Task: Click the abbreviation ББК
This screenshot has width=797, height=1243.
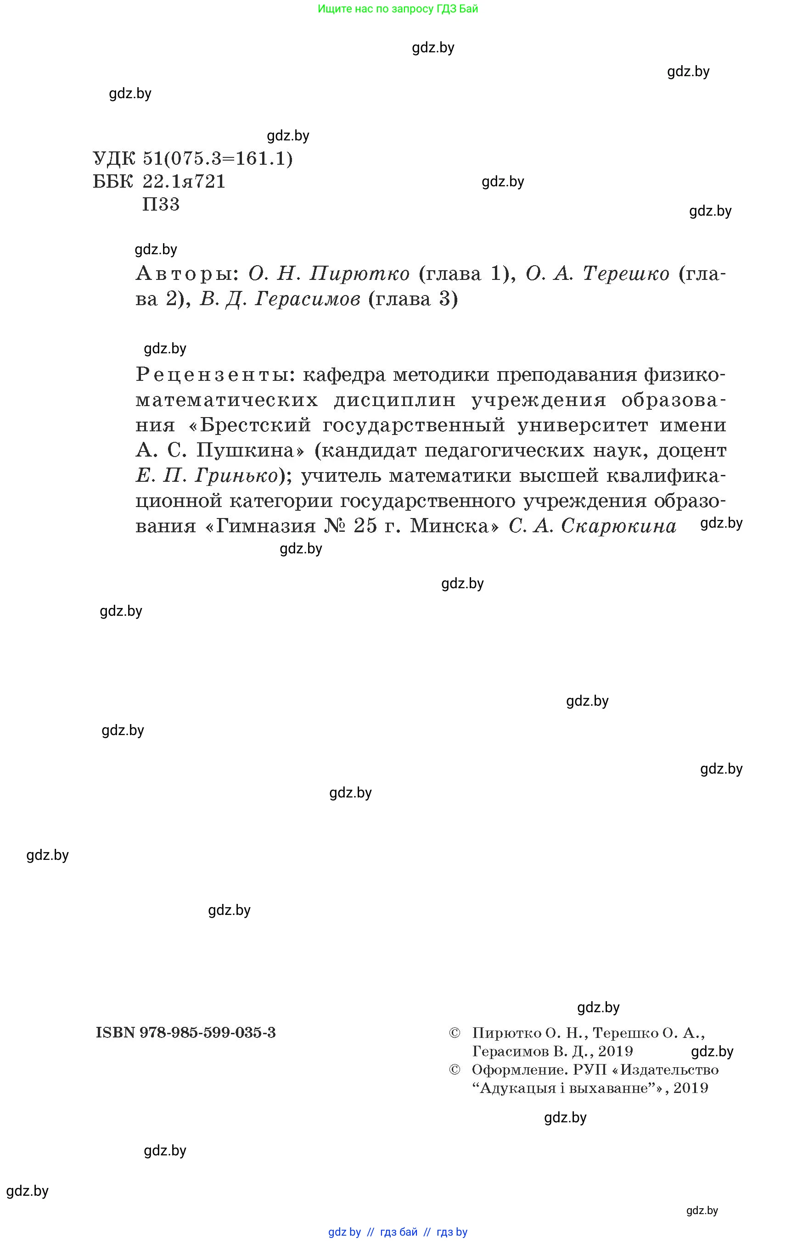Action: click(x=113, y=182)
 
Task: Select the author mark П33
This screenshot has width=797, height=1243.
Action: click(x=161, y=204)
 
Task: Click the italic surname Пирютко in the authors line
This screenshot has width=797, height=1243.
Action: click(x=359, y=273)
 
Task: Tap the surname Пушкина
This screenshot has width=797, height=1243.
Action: click(x=250, y=450)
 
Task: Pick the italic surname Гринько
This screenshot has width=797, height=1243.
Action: click(x=236, y=475)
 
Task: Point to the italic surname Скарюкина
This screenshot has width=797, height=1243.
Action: click(x=618, y=526)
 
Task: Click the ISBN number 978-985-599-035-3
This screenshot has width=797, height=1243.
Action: click(x=208, y=1032)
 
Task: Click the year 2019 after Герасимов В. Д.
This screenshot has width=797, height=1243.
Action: click(x=615, y=1051)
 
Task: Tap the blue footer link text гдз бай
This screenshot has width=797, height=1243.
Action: click(x=398, y=1232)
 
